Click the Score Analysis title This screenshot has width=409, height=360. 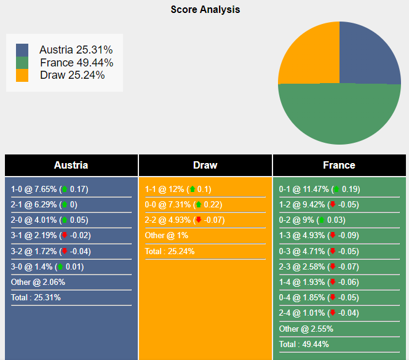click(205, 10)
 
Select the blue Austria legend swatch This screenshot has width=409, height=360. click(22, 50)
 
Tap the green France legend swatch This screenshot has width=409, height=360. click(22, 62)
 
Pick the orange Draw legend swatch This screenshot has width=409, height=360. click(22, 75)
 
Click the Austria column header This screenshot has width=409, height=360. click(71, 165)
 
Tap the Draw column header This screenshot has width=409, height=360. click(205, 165)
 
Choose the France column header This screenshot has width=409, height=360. click(339, 165)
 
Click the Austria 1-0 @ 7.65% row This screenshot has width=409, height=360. click(49, 190)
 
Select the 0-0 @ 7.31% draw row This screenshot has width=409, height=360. click(183, 205)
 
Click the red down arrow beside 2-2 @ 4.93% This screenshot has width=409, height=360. click(198, 220)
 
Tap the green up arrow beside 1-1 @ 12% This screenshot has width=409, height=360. click(193, 190)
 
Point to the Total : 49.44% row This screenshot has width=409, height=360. click(304, 344)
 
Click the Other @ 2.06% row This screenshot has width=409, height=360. click(38, 282)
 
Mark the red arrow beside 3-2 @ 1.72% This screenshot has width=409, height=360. click(64, 251)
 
